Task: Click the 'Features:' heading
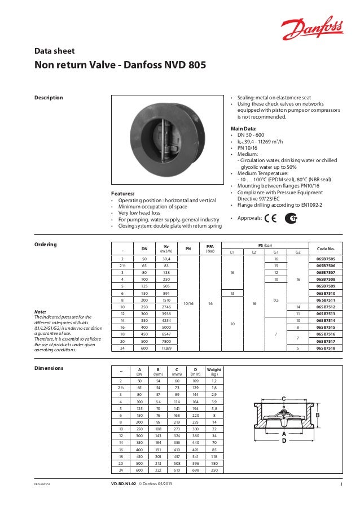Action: (125, 194)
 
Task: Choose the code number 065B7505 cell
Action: (326, 258)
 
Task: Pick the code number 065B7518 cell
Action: (326, 349)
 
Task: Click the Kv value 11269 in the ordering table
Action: (166, 349)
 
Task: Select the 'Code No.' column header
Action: (326, 249)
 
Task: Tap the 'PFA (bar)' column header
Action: (210, 249)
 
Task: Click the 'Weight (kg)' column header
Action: (214, 372)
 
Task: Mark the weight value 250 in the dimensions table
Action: (214, 469)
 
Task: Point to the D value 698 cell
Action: (195, 469)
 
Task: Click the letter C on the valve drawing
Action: (283, 398)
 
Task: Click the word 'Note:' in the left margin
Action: (40, 312)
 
